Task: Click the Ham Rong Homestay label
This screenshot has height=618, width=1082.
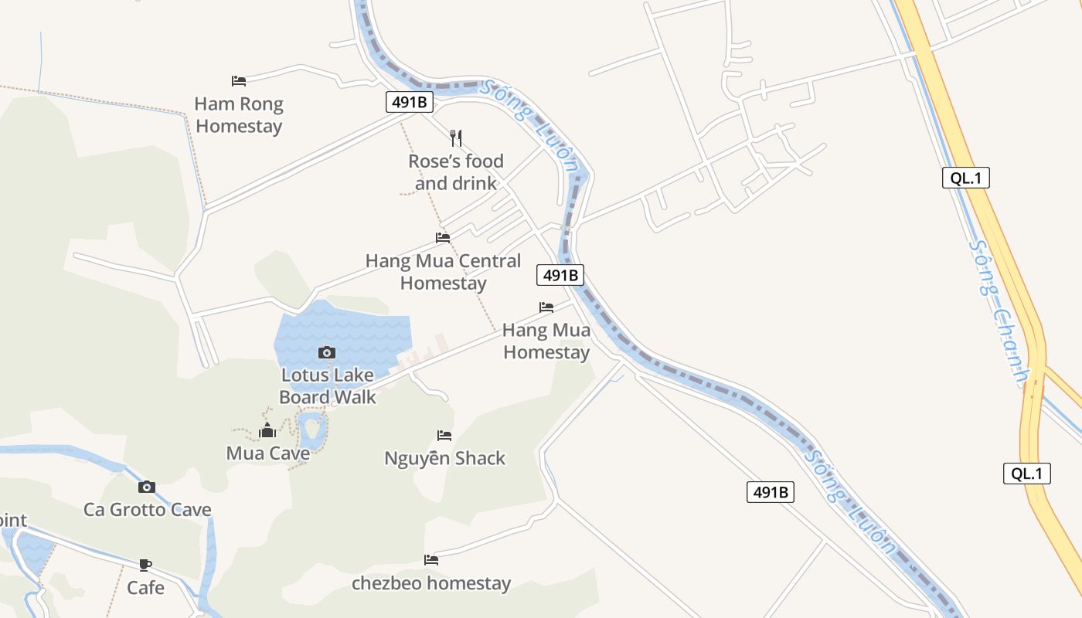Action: pos(239,115)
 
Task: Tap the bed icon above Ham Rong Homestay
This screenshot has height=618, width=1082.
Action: pos(239,80)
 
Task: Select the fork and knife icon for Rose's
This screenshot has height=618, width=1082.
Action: pos(456,138)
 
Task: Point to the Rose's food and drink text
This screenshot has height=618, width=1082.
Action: pos(456,172)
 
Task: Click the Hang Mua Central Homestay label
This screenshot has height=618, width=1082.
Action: pos(443,272)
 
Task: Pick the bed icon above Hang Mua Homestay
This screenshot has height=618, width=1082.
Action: pos(546,307)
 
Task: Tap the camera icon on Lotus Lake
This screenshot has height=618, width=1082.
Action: pos(327,352)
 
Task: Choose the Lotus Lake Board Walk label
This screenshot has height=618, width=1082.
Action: pos(327,386)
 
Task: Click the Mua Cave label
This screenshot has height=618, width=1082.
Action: pos(267,453)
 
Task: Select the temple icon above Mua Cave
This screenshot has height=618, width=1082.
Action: pos(267,430)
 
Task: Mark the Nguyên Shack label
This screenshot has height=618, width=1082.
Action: pos(444,459)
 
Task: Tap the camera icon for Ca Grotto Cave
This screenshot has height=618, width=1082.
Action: pos(147,487)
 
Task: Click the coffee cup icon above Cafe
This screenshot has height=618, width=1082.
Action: pos(145,565)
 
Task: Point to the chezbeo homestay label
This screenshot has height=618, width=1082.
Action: pos(431,583)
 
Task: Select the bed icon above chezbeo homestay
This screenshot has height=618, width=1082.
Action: pos(431,560)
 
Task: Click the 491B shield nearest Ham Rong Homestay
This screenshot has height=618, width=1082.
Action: pos(410,102)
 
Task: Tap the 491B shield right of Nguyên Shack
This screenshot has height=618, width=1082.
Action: pos(771,492)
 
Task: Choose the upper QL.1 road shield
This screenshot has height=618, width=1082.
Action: pos(965,178)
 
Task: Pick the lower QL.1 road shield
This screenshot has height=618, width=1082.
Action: pos(1026,474)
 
